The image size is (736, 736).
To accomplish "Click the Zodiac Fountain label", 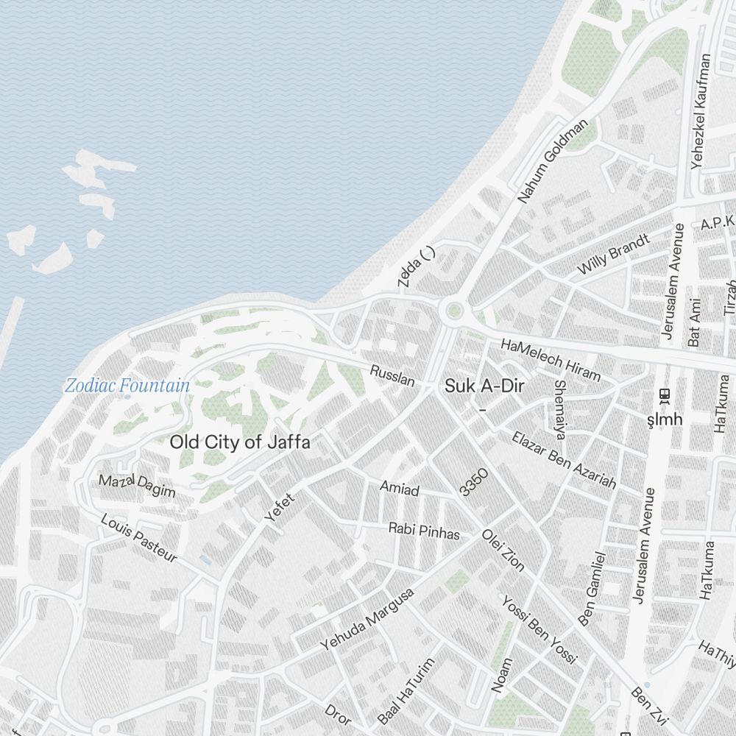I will point(127,385).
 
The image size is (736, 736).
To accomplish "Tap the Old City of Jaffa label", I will point(240,442).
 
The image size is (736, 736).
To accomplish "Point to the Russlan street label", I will point(392,375).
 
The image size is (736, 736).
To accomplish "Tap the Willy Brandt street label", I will point(613,254).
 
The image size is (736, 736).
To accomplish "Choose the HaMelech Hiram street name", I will point(551,359).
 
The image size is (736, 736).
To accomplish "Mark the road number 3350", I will point(473,482).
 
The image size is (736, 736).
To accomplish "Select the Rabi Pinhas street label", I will point(424,531).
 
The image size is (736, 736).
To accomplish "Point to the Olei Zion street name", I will point(503,549).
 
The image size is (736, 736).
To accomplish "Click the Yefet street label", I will point(279,507).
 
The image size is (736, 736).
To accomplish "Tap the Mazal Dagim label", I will point(138,486).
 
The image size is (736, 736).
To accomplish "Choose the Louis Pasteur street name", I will point(139,538).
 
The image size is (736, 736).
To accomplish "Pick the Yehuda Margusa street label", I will point(367,618).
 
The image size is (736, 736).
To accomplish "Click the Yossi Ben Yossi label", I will point(539,629).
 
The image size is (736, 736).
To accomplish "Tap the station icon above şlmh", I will point(665,395).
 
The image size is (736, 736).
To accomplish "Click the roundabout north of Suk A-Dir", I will point(453,311).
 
